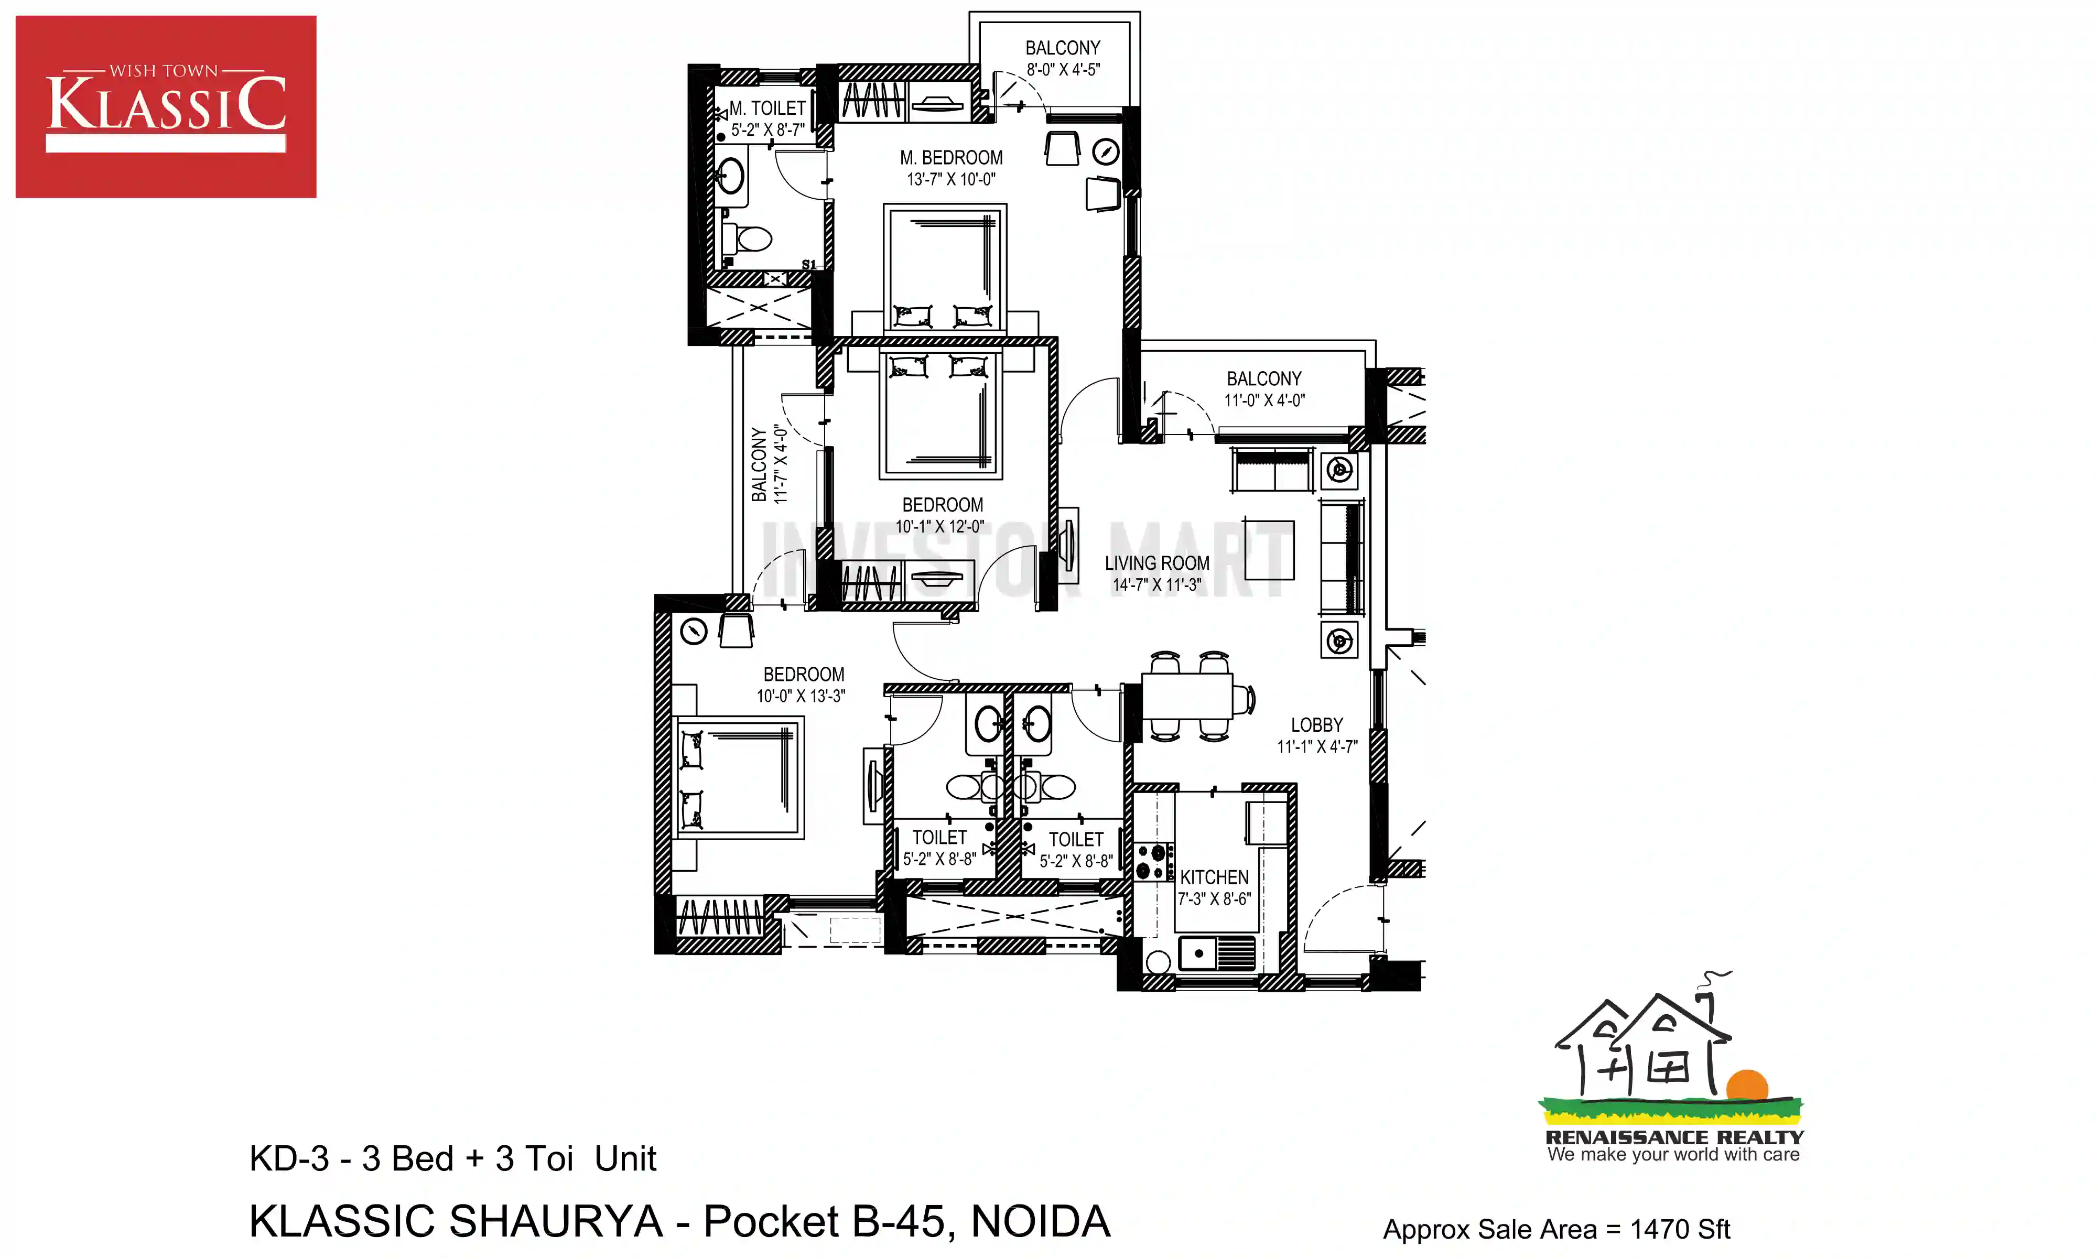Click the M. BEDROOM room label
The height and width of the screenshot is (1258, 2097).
click(x=951, y=158)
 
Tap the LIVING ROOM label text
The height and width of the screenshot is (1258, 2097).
click(x=1157, y=563)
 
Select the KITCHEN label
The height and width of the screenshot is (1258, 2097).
click(x=1214, y=877)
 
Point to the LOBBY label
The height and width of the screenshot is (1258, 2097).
click(x=1317, y=725)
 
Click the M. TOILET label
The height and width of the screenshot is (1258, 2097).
click(x=767, y=109)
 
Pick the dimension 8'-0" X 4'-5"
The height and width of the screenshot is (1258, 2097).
click(x=1063, y=70)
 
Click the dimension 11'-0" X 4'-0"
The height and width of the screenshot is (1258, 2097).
click(x=1264, y=400)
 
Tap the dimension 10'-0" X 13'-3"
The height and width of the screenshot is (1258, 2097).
click(x=801, y=696)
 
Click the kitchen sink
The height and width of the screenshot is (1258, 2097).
click(x=1216, y=953)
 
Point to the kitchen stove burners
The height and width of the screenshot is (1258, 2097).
click(x=1154, y=861)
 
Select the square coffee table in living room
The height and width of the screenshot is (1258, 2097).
click(x=1269, y=549)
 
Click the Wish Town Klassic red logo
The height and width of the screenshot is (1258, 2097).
click(x=166, y=107)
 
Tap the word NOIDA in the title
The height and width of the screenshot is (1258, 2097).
click(x=1040, y=1221)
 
